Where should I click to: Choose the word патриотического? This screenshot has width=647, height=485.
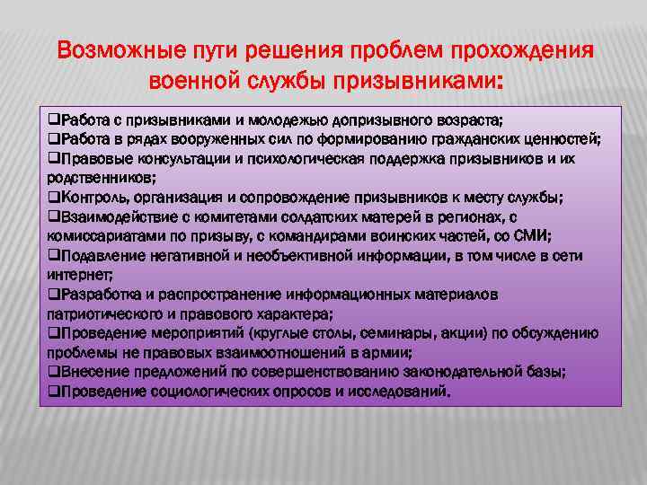pyautogui.click(x=101, y=313)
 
